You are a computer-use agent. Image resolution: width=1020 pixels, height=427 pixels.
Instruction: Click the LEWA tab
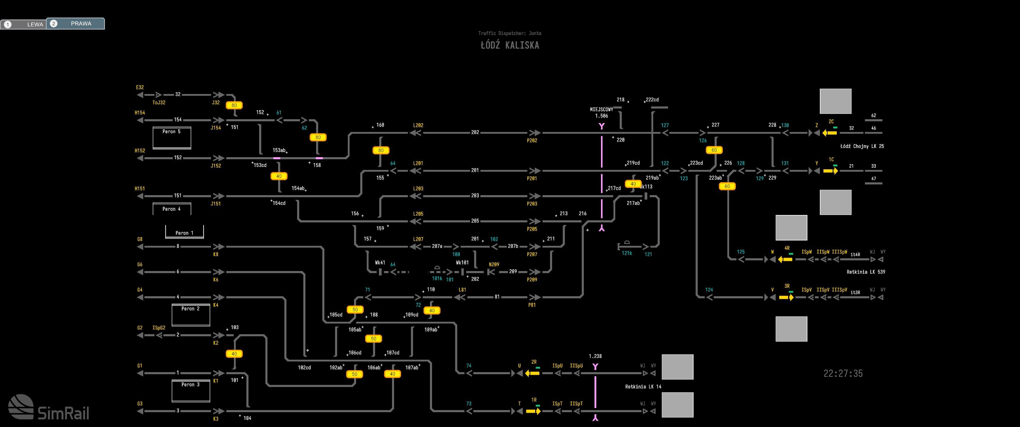point(24,24)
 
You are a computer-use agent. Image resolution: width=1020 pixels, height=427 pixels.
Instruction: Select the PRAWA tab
point(76,23)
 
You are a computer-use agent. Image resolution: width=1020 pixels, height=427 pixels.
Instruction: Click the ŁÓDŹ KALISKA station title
point(510,45)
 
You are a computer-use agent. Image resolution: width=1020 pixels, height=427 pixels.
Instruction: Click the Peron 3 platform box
point(190,391)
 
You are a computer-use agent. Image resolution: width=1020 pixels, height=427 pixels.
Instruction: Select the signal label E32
point(140,87)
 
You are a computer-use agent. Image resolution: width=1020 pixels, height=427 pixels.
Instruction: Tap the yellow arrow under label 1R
point(533,411)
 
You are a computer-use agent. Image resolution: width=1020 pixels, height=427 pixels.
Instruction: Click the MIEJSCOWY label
point(601,109)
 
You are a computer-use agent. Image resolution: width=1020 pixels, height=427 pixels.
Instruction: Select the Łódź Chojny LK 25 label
point(862,146)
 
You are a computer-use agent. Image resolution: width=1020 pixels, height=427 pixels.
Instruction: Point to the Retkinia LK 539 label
point(866,272)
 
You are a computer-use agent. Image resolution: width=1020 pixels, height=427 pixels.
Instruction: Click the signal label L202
point(418,125)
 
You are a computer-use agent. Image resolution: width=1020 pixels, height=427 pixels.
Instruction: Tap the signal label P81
point(532,305)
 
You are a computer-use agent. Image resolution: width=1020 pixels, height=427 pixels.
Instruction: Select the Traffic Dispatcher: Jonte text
point(510,33)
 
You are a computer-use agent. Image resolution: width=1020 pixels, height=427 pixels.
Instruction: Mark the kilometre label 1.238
point(595,356)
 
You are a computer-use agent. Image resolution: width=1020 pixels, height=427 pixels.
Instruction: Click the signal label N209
point(494,265)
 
